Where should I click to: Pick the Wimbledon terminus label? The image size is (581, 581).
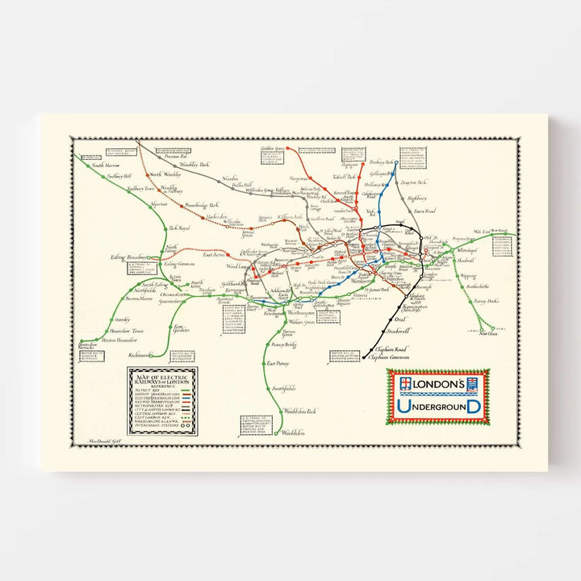point(297,433)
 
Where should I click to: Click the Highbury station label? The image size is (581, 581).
point(416,198)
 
